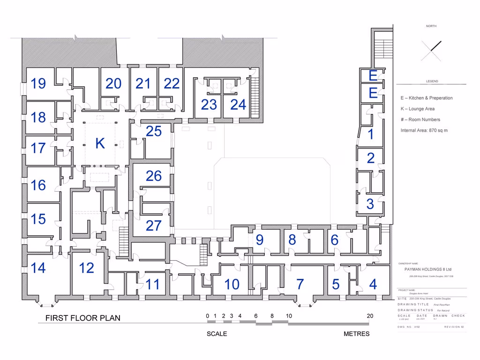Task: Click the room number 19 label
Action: point(38,84)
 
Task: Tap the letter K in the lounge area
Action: point(100,144)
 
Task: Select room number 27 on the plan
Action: point(153,225)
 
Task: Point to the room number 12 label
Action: point(86,268)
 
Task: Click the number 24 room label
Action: point(238,105)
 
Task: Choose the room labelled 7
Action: point(300,284)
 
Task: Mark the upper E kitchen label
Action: point(373,75)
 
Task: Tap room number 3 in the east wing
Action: point(370,204)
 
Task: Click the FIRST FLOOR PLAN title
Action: point(82,318)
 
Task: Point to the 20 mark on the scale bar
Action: point(370,316)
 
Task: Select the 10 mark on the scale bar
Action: point(289,316)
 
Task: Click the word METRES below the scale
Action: point(356,334)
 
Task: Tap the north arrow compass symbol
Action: point(431,51)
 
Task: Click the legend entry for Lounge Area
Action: point(417,109)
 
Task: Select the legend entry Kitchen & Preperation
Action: point(427,98)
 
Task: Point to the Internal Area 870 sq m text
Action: point(424,130)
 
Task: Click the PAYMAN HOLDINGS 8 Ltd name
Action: point(428,270)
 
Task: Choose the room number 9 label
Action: point(259,240)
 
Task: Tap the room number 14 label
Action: point(38,268)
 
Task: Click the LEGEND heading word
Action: point(432,81)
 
